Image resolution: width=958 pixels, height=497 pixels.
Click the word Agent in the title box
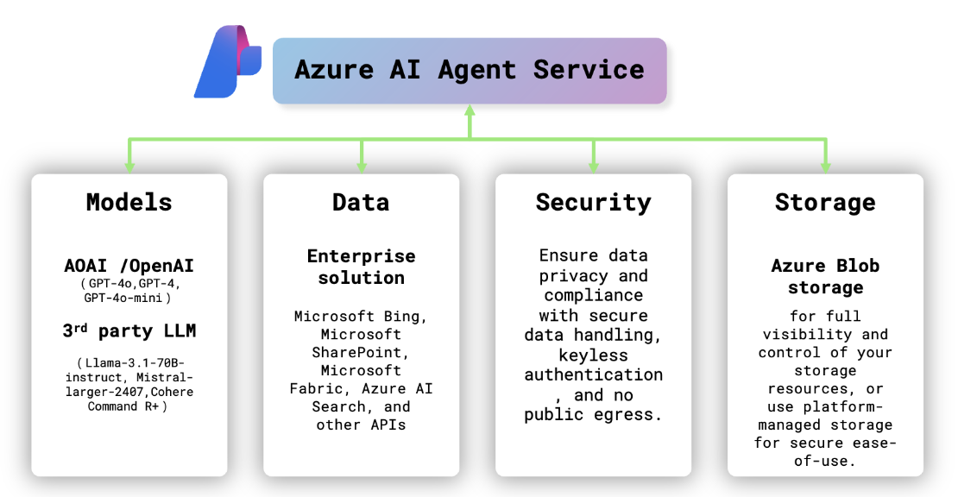click(477, 70)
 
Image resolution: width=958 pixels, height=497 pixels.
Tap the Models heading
click(129, 203)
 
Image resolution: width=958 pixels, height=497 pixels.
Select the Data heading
click(361, 203)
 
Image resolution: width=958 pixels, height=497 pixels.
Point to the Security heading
click(593, 203)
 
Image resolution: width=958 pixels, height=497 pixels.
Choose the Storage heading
click(825, 203)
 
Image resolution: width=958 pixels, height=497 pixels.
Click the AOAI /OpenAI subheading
click(129, 265)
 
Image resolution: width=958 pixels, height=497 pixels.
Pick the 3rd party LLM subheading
click(129, 331)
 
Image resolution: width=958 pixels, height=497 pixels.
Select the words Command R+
click(124, 406)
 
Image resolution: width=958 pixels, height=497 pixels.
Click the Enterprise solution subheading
click(361, 267)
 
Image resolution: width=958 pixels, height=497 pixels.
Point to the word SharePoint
click(361, 352)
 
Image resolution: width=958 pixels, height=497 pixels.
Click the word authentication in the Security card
click(593, 374)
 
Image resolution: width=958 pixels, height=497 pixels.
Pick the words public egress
click(593, 415)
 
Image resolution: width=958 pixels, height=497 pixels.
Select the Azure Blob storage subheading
click(825, 276)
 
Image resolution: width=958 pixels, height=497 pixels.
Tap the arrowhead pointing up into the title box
click(470, 111)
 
